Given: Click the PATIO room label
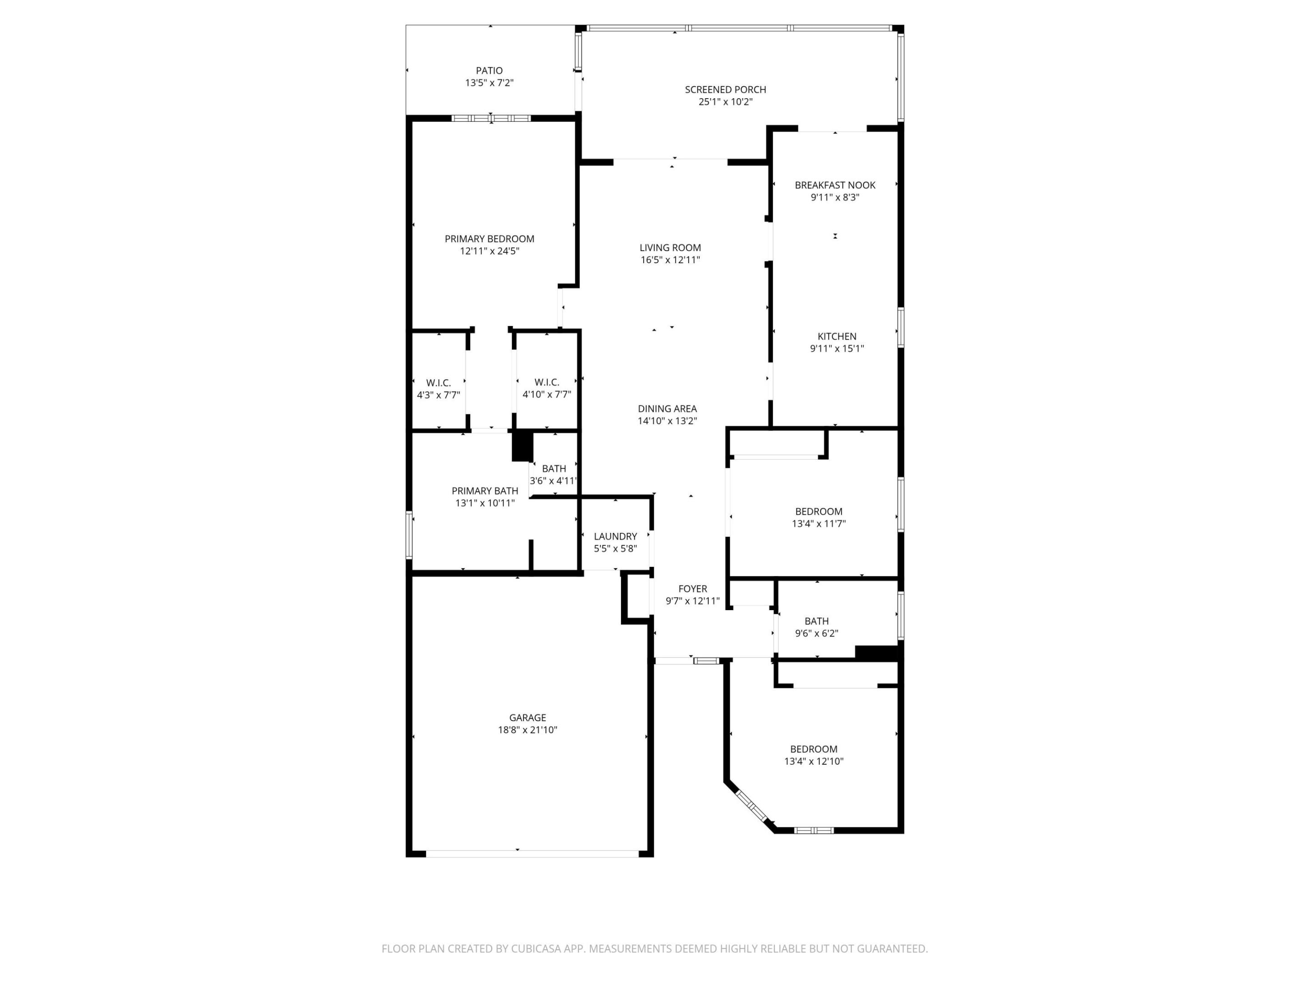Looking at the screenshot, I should coord(489,71).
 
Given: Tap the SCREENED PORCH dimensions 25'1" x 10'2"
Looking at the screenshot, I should coord(726,102).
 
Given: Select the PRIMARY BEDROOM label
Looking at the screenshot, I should coord(489,239).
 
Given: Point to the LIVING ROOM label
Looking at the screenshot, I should coord(670,247).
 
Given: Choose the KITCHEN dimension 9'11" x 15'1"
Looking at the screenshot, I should coord(836,349).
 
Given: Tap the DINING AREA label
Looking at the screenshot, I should coord(667,408).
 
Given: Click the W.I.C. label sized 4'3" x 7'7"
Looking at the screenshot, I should coord(438,383).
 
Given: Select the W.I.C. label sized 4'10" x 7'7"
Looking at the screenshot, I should coord(546,382).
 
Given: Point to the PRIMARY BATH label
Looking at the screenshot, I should coord(484,491).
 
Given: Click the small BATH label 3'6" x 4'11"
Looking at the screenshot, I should coord(554,468).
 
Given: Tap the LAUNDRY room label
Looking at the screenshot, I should coord(615,536).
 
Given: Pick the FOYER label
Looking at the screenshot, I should coord(692,588).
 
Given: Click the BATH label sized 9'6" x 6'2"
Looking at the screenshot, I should coord(816,621).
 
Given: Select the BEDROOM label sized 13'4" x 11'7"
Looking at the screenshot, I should coord(818,511).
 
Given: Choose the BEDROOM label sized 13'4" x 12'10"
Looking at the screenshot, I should coord(813,749).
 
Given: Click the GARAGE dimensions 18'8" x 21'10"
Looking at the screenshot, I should coord(527,730).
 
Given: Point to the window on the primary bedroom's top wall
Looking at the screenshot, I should coord(491,118).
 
